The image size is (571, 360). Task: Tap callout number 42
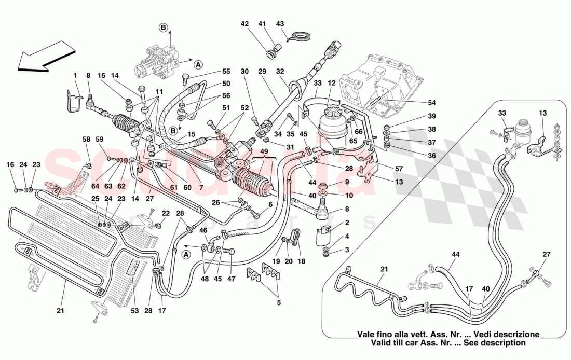(x=244, y=23)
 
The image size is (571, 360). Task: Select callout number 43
(x=280, y=23)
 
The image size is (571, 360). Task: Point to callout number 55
(x=226, y=72)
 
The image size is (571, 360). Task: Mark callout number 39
(x=432, y=116)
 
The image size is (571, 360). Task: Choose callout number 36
(x=432, y=156)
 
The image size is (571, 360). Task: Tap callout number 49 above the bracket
(x=264, y=151)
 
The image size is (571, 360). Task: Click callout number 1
(x=75, y=76)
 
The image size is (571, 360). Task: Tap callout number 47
(x=231, y=279)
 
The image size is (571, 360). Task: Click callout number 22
(x=166, y=213)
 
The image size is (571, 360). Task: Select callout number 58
(x=86, y=139)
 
